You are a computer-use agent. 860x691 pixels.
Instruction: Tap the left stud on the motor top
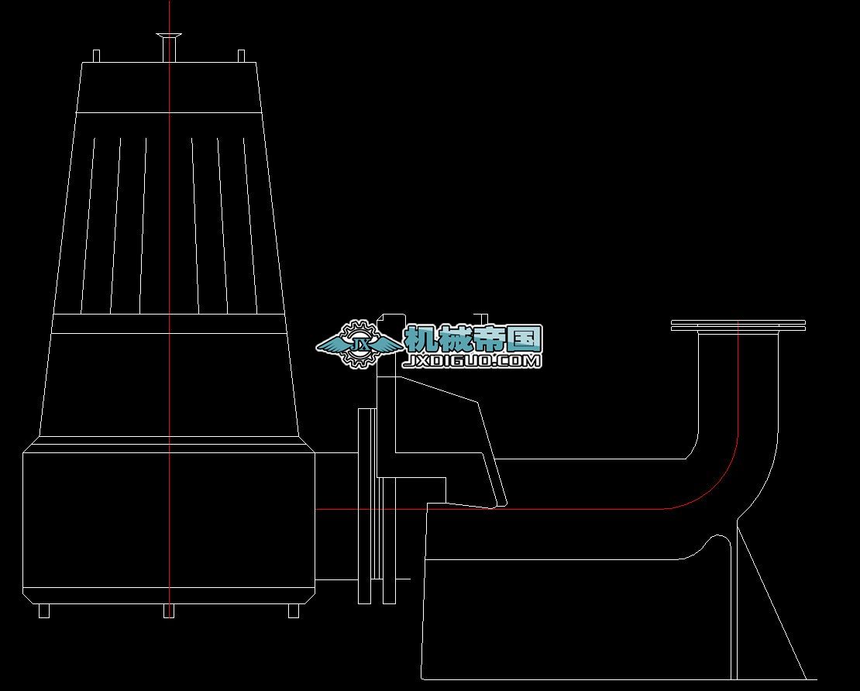click(96, 57)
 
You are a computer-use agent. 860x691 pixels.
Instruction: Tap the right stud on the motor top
click(241, 57)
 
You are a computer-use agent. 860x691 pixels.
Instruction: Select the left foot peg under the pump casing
click(44, 610)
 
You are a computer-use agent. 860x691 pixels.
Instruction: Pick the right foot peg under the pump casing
click(294, 610)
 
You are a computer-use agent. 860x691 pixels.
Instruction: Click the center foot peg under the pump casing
click(169, 610)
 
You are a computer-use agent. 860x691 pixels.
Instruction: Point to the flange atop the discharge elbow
click(738, 325)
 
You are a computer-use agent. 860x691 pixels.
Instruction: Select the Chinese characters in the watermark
click(473, 339)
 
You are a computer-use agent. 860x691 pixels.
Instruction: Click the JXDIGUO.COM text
click(473, 361)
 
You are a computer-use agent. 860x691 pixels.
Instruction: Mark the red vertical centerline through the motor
click(170, 232)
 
